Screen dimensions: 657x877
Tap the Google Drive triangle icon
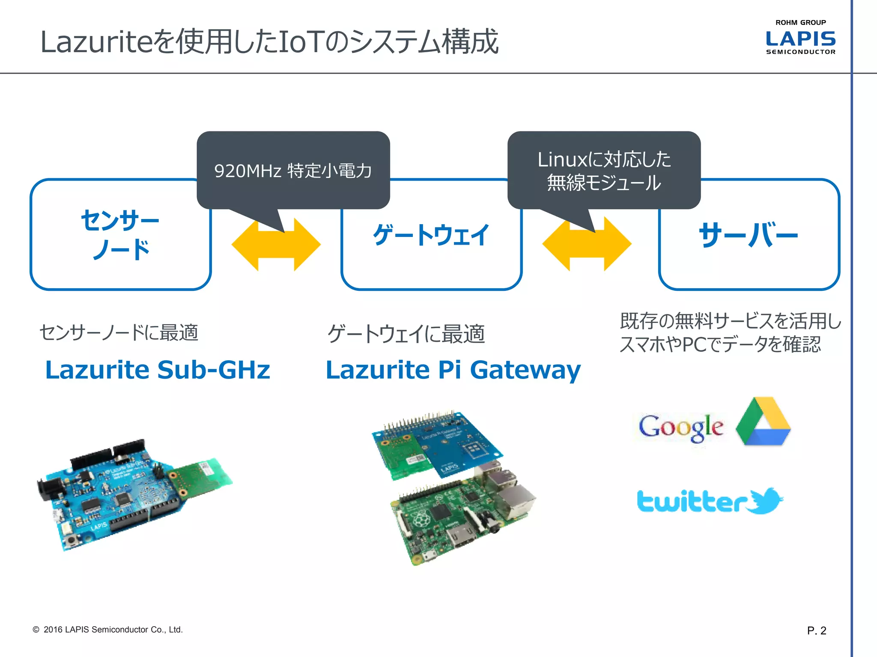point(763,422)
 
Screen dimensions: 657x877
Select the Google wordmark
point(681,427)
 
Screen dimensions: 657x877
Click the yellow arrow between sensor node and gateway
point(276,245)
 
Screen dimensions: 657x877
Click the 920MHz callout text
point(293,171)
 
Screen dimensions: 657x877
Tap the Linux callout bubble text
point(604,171)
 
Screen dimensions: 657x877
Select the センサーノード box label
point(120,234)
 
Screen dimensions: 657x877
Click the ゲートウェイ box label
point(431,235)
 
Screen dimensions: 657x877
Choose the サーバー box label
point(749,235)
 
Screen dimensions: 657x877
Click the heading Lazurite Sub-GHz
point(158,370)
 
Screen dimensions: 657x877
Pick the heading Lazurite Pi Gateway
point(453,370)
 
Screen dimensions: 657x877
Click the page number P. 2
point(817,630)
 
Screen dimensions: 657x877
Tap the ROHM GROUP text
point(800,22)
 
